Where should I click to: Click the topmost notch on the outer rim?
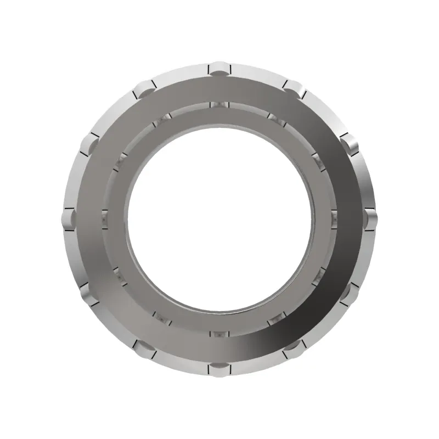pos(219,68)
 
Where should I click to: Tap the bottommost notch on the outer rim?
pos(219,368)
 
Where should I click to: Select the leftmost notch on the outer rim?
pos(67,218)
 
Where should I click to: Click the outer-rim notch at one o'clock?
pos(294,87)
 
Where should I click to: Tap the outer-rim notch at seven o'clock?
pos(144,348)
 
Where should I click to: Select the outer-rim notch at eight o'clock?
pos(88,295)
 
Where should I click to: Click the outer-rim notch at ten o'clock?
pos(88,144)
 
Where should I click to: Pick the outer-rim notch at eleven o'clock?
pos(144,88)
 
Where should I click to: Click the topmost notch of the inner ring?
pos(219,105)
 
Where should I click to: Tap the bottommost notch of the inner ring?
pos(219,333)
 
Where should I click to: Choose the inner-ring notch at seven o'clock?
pos(162,318)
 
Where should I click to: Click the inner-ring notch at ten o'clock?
pos(120,161)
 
